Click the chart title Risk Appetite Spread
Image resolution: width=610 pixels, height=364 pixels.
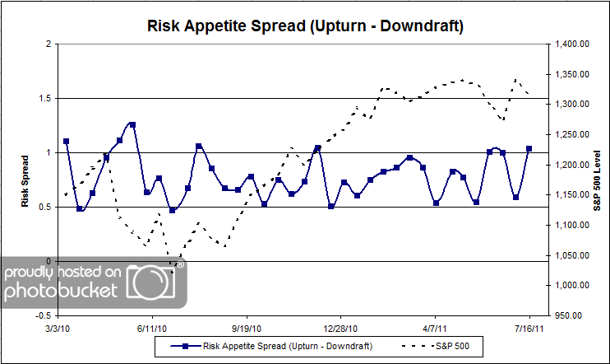pos(305,26)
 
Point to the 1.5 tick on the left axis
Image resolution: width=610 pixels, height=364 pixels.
pos(45,98)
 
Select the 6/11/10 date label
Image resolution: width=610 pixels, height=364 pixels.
pos(153,328)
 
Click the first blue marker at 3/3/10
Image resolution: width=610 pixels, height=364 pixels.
pos(66,141)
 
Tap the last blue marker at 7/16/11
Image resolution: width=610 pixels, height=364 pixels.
pos(529,149)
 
